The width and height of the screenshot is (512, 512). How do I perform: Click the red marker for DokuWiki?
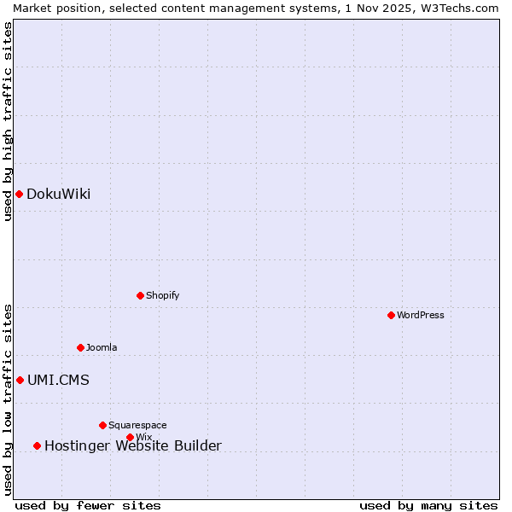click(19, 194)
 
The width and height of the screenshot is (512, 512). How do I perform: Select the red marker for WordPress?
click(391, 315)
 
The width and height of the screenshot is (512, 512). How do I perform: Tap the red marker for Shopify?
click(140, 295)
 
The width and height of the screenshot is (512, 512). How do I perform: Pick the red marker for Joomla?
click(80, 347)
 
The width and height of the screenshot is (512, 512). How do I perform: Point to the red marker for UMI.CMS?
click(20, 380)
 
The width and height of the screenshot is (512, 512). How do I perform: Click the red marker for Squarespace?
click(102, 425)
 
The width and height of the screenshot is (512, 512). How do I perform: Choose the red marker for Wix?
click(130, 437)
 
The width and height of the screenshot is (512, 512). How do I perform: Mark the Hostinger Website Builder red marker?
click(37, 445)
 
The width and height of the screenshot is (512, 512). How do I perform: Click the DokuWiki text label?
click(58, 194)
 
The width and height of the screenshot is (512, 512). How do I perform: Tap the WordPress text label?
click(420, 315)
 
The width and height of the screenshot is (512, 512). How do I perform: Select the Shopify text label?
click(162, 295)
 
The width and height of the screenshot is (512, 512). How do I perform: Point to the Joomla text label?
click(102, 347)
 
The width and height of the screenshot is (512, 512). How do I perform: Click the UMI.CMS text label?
click(58, 380)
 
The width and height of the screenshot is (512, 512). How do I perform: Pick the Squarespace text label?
click(137, 425)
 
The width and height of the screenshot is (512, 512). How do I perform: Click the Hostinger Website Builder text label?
click(132, 445)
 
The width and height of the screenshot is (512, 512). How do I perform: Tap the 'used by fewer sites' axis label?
click(88, 505)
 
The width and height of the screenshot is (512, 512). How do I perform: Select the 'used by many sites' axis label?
click(428, 505)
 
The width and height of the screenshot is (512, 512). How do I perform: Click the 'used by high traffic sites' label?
click(8, 121)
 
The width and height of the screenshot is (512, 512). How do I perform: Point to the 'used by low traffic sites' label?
click(8, 399)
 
